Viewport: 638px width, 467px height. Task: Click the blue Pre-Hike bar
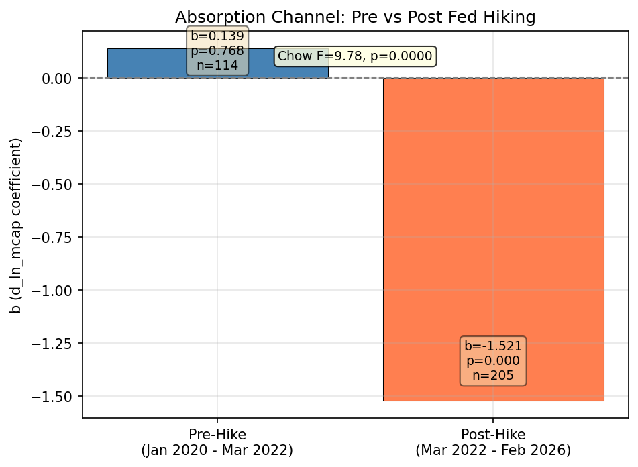tap(148, 63)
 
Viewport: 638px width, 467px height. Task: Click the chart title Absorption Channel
tap(355, 17)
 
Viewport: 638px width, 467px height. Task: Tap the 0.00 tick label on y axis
tap(57, 79)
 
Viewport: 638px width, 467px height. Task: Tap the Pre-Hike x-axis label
tap(217, 434)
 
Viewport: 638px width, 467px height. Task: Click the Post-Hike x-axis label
tap(493, 434)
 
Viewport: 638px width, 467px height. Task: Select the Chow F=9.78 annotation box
tap(355, 56)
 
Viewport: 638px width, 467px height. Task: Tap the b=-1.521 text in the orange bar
tap(493, 346)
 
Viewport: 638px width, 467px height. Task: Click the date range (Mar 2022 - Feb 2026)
tap(493, 450)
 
